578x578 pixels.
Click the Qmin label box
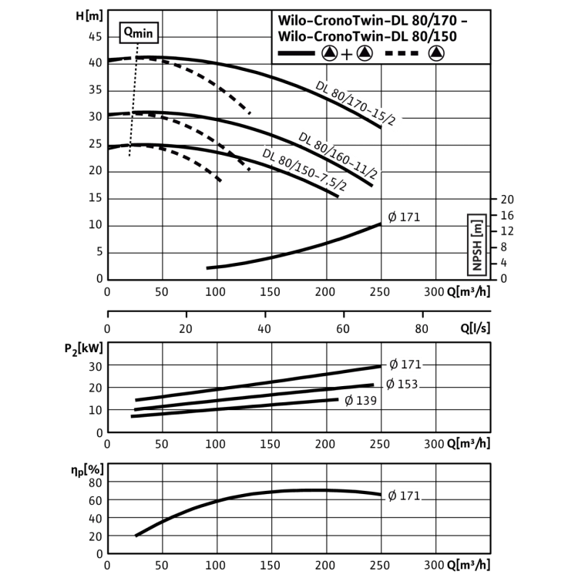point(139,33)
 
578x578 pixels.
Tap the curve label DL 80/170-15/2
point(355,103)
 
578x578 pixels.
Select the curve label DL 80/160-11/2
point(338,155)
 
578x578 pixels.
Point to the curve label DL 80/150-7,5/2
point(304,170)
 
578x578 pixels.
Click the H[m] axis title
point(89,16)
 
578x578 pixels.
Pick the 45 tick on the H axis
point(95,36)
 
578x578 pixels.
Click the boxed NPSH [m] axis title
point(476,245)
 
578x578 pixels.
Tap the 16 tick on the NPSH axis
point(507,215)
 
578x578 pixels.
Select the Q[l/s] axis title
point(476,328)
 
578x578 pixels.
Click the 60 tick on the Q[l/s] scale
point(343,328)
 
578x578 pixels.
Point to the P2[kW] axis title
point(84,348)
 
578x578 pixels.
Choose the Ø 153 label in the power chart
point(402,385)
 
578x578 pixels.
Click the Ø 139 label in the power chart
point(361,400)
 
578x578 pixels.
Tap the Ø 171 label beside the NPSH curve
point(404,217)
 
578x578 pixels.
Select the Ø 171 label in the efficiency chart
point(404,496)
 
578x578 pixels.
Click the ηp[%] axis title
point(87,470)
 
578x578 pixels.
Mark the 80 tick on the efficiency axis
point(96,483)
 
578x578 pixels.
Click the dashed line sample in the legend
point(402,53)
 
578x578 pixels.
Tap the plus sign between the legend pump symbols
point(347,55)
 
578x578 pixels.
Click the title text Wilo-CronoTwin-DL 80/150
point(367,36)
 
